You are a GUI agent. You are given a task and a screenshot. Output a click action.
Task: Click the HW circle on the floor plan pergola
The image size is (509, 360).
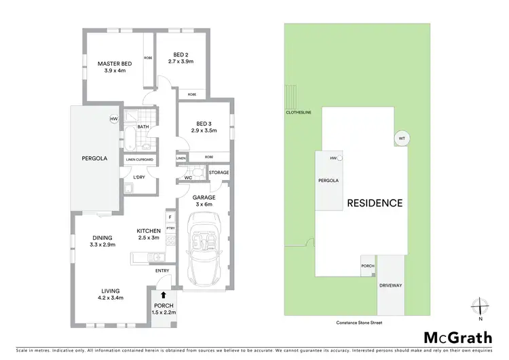click(113, 119)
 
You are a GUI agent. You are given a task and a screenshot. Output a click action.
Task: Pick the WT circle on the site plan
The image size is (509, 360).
click(401, 138)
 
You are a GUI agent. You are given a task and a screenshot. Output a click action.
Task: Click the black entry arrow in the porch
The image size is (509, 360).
click(163, 295)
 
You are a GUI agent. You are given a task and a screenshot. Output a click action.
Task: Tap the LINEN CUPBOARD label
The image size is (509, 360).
click(139, 160)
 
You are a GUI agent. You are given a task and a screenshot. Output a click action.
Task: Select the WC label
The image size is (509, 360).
click(187, 178)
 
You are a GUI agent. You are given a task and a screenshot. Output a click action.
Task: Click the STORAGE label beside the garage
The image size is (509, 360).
click(219, 173)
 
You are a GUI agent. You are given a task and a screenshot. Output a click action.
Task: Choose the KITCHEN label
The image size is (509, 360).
click(148, 231)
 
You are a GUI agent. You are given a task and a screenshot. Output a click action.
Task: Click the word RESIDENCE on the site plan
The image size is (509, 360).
click(375, 202)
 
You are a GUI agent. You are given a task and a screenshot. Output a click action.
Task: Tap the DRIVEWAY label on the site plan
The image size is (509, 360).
click(391, 286)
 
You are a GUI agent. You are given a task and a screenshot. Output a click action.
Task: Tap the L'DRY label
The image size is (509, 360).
click(139, 178)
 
